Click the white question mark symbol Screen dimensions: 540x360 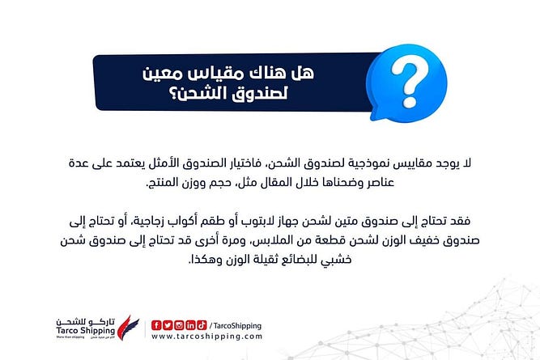tap(409, 83)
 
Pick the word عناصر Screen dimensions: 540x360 tap(379, 183)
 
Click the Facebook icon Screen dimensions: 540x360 tap(156, 325)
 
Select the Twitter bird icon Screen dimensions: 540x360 tap(168, 325)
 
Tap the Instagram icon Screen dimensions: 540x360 tap(179, 325)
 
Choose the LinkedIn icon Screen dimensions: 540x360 tap(190, 325)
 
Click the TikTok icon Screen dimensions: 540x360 tap(202, 325)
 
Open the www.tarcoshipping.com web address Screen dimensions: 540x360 tap(206, 337)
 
